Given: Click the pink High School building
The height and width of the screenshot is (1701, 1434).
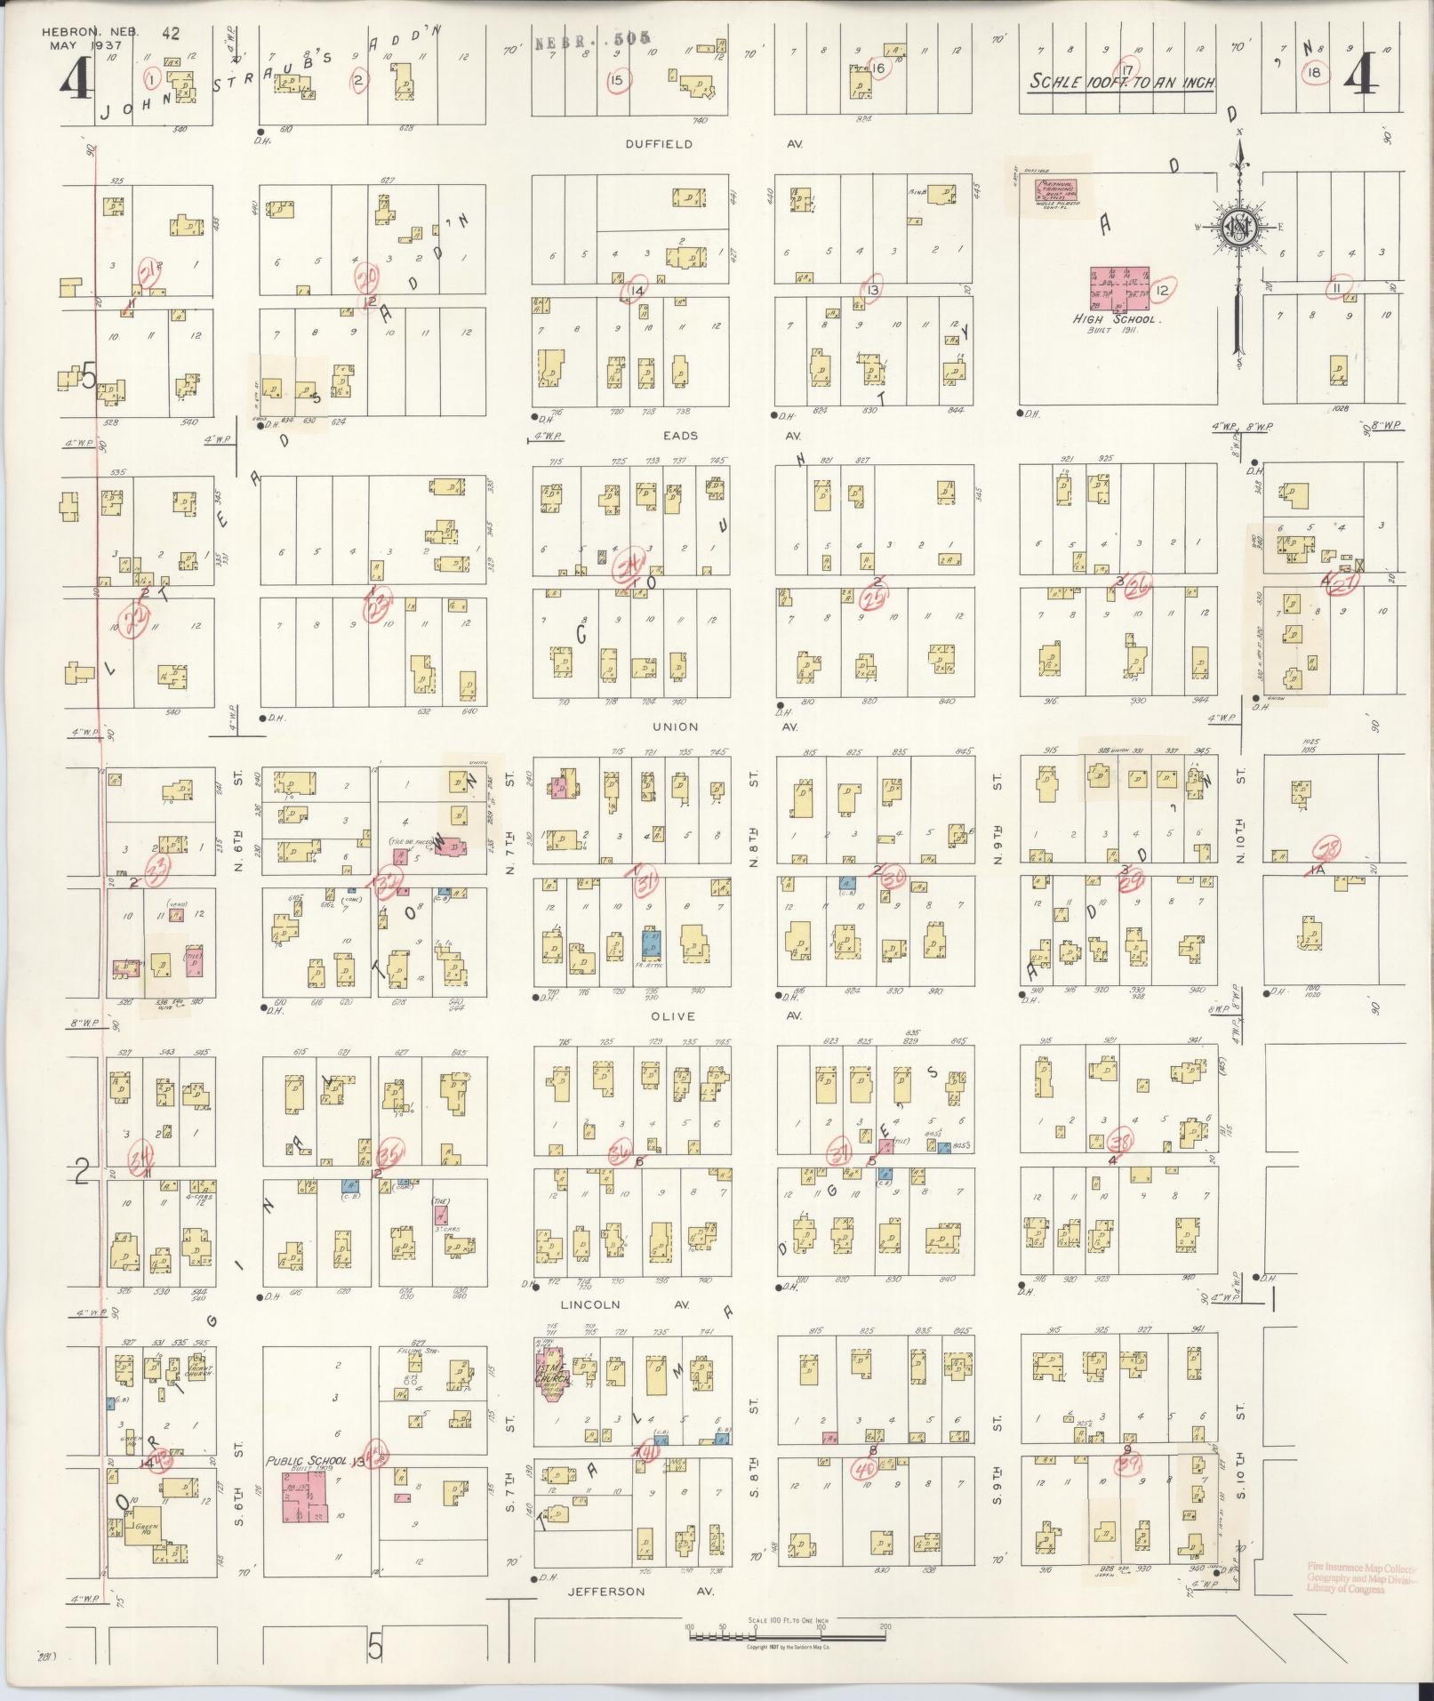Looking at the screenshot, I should [x=1119, y=288].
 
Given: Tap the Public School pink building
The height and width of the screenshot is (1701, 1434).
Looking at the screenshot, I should [x=304, y=1497].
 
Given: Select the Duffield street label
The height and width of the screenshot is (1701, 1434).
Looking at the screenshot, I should [x=658, y=143].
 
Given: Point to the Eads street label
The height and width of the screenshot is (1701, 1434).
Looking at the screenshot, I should [x=679, y=436].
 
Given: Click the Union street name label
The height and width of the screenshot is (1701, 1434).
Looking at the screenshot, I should [x=675, y=726].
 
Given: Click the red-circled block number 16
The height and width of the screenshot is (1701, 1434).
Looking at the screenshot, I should [x=878, y=68].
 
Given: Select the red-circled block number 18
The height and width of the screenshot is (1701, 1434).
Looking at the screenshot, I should [x=1313, y=73].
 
